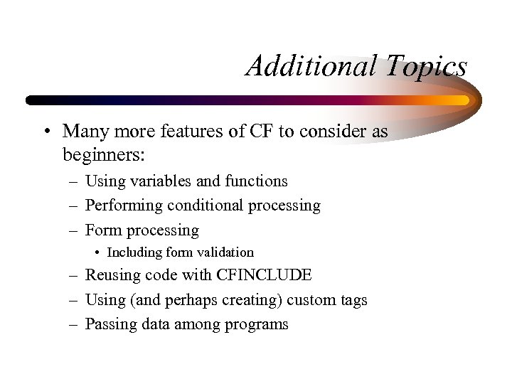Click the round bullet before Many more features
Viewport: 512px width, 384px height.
coord(46,132)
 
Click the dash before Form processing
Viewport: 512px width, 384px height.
coord(74,230)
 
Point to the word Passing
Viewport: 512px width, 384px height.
coord(109,324)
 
